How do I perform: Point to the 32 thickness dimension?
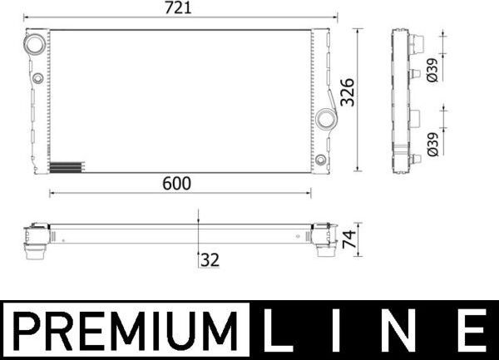209,260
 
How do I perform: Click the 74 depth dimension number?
348,239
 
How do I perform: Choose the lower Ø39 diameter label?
431,145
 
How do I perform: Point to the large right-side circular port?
324,118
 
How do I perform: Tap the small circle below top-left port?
38,79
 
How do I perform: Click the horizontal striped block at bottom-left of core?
67,166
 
